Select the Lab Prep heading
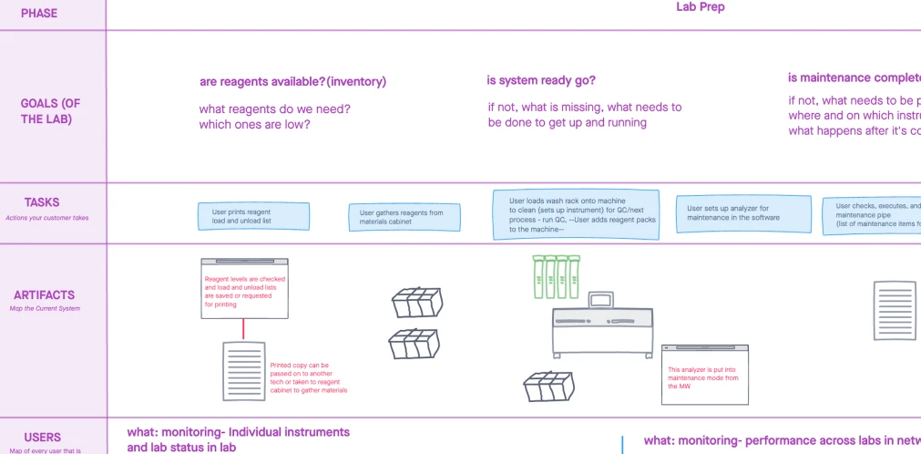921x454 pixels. tap(700, 7)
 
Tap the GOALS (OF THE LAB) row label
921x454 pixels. tap(52, 111)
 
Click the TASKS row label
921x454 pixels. tap(42, 202)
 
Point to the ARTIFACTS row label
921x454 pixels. tap(44, 295)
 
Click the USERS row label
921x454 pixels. tap(43, 438)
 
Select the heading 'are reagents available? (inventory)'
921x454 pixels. tap(292, 82)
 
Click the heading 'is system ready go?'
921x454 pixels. tap(541, 81)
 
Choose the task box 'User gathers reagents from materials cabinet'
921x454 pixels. tap(404, 217)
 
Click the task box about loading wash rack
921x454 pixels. tap(576, 215)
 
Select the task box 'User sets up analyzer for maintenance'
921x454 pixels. tap(742, 213)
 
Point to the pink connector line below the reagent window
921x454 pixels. tap(243, 329)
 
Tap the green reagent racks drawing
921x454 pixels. tap(556, 276)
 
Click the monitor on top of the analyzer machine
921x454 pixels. tap(601, 301)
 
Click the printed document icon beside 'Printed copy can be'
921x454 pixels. tap(243, 370)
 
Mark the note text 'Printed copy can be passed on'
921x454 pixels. tap(309, 377)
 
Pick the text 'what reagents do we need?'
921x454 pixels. tap(275, 109)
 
